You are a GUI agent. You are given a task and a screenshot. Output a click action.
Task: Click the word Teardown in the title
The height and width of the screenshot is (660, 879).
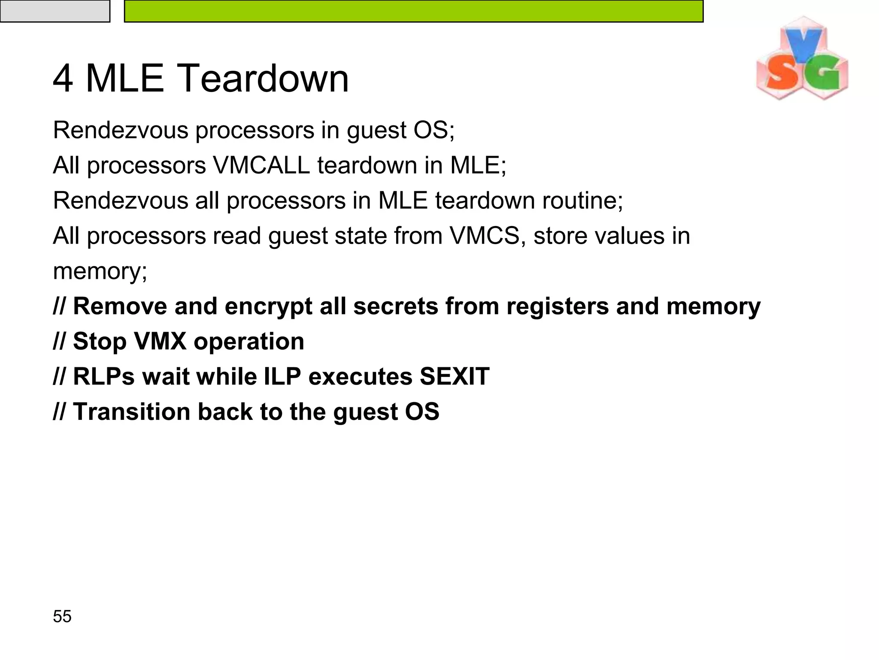[262, 79]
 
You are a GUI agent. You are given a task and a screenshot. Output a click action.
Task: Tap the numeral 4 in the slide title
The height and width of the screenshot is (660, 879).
[63, 79]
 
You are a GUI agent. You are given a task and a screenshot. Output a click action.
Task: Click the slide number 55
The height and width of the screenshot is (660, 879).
[62, 616]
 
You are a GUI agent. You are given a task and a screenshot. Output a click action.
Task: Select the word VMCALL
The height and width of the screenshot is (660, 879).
[261, 165]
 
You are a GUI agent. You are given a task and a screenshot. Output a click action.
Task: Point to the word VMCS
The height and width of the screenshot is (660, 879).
[485, 236]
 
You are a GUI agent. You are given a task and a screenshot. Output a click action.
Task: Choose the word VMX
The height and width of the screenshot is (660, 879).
[160, 342]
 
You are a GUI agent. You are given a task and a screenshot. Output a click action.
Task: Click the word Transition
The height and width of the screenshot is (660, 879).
[131, 412]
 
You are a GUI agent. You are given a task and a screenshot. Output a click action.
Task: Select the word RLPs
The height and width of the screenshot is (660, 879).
[104, 376]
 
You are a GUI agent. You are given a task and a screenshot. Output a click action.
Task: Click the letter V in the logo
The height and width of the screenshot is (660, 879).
[803, 45]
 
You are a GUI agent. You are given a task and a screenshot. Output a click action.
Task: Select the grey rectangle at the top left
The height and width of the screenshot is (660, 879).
[55, 11]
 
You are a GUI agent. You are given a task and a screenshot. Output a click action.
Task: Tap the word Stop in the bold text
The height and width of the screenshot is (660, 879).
[100, 342]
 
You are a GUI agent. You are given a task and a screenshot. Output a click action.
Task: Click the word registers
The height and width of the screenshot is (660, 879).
[557, 306]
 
